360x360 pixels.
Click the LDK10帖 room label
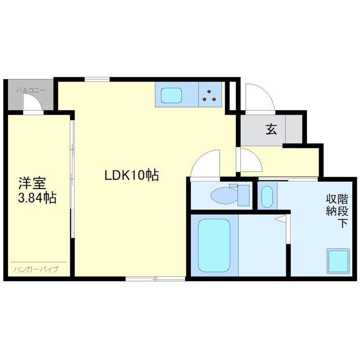[x=131, y=175]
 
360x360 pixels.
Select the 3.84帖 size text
[x=37, y=198]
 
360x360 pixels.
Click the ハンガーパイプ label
[x=36, y=270]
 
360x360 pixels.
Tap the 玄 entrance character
[x=271, y=130]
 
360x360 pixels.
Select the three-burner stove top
[x=210, y=95]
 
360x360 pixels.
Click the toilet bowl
[x=222, y=195]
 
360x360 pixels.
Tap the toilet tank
[x=243, y=194]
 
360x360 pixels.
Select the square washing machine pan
[x=338, y=260]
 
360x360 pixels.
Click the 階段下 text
[x=343, y=211]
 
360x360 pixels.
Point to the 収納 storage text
[x=331, y=205]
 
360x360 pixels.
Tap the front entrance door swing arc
[x=257, y=95]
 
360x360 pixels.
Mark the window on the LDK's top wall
[x=97, y=80]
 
